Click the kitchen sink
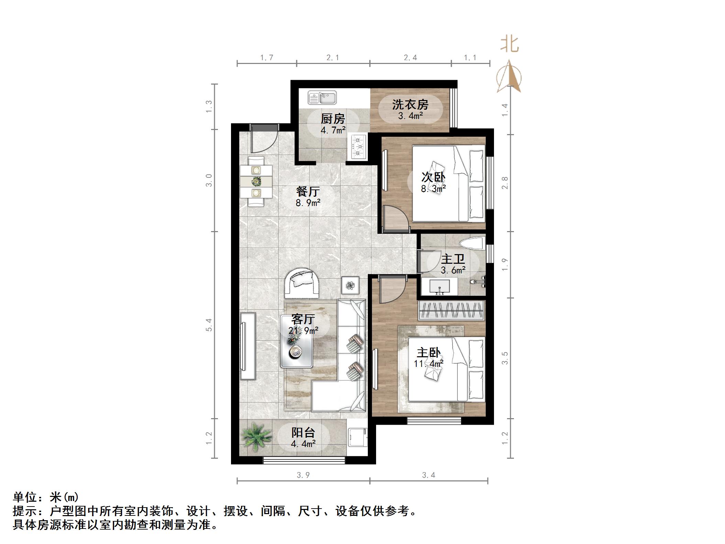pos(322,97)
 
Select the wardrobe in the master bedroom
pos(451,310)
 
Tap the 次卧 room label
pos(433,177)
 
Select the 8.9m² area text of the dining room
pos(308,203)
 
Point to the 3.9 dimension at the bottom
pos(303,475)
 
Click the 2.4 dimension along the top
pos(410,58)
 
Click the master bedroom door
pos(393,291)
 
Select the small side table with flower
pos(350,285)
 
